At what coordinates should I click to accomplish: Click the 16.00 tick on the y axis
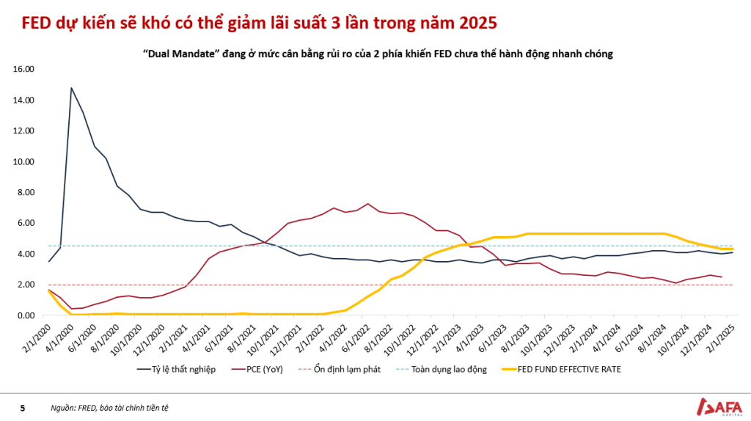(x=23, y=69)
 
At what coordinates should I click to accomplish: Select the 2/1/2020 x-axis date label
(x=36, y=339)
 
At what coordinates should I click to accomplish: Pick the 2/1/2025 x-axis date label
(x=720, y=339)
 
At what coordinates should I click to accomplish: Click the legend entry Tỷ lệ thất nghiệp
(x=176, y=369)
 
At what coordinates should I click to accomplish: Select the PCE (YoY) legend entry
(x=257, y=369)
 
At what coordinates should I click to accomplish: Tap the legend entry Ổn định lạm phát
(x=340, y=369)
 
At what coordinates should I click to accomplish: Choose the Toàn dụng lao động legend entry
(x=442, y=369)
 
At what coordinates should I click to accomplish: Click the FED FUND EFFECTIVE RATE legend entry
(x=561, y=369)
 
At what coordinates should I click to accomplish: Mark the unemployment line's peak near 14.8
(x=71, y=88)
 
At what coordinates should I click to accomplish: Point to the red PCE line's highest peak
(x=368, y=204)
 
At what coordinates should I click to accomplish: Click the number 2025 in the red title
(x=477, y=23)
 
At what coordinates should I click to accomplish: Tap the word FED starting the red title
(x=37, y=23)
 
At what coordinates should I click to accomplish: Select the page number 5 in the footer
(x=23, y=408)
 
